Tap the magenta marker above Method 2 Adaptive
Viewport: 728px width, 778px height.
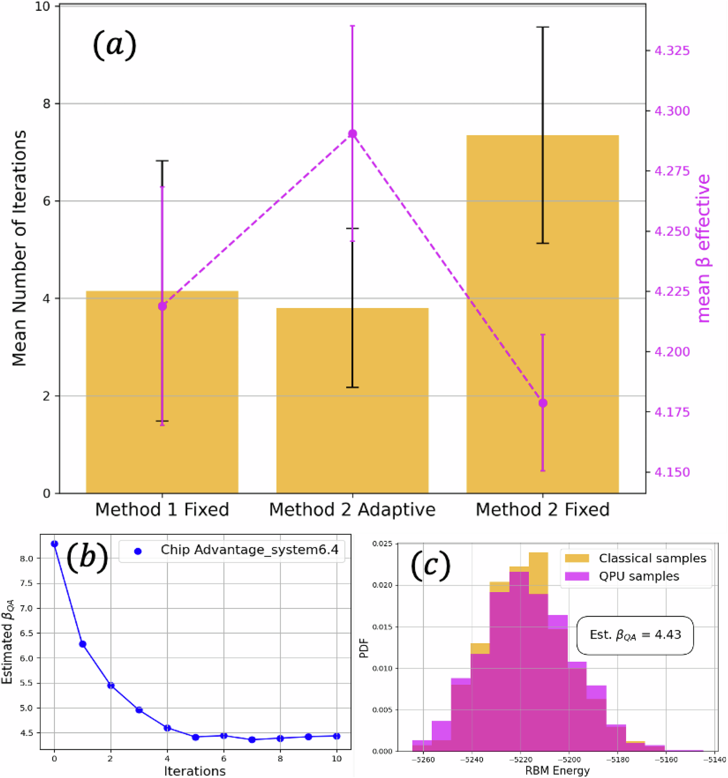pyautogui.click(x=352, y=134)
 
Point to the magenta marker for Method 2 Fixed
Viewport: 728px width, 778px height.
pyautogui.click(x=542, y=403)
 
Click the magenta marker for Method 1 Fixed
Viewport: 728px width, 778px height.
pyautogui.click(x=162, y=306)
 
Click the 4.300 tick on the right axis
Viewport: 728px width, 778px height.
pyautogui.click(x=672, y=111)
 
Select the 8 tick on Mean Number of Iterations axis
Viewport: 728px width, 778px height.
pyautogui.click(x=46, y=104)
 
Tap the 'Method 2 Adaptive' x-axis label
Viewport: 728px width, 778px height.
pyautogui.click(x=352, y=510)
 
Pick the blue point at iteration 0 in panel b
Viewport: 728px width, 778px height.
pyautogui.click(x=54, y=544)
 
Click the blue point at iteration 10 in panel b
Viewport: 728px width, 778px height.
pyautogui.click(x=337, y=736)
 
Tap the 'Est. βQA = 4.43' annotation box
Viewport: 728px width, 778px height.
pyautogui.click(x=635, y=635)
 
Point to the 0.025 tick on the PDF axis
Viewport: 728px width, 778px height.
pyautogui.click(x=382, y=544)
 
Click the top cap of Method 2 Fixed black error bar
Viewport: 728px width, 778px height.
pyautogui.click(x=542, y=27)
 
